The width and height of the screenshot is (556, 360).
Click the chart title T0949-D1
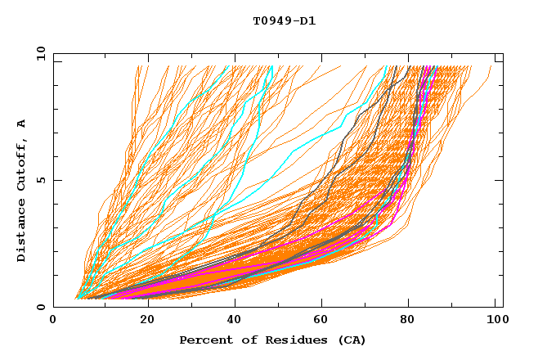[284, 21]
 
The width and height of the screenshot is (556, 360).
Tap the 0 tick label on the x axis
[53, 322]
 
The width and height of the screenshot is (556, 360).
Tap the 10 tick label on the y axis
[39, 53]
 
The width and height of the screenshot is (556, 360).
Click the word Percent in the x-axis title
[205, 340]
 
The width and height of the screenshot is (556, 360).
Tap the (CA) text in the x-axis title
[349, 340]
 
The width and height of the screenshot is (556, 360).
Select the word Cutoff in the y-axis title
[21, 163]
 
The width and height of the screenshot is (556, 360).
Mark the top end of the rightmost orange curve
[492, 66]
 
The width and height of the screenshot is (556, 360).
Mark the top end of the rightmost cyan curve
[437, 66]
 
